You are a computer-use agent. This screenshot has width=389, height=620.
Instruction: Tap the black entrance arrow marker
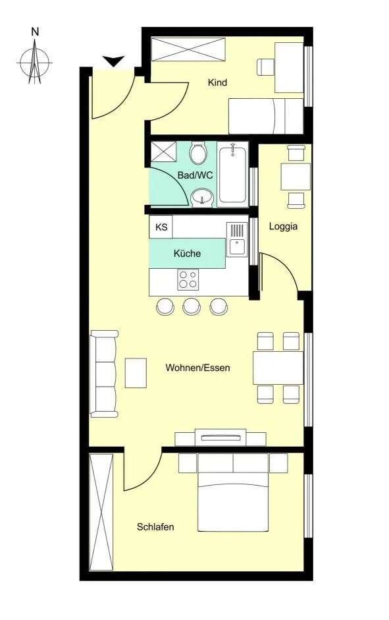pyautogui.click(x=113, y=61)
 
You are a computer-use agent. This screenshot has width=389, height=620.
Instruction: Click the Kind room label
pyautogui.click(x=217, y=82)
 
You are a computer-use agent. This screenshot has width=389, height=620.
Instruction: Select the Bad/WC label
pyautogui.click(x=195, y=175)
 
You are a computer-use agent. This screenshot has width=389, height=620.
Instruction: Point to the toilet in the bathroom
pyautogui.click(x=198, y=154)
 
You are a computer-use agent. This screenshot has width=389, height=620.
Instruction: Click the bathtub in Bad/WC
pyautogui.click(x=233, y=174)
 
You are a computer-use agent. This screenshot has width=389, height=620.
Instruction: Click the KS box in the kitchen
pyautogui.click(x=161, y=227)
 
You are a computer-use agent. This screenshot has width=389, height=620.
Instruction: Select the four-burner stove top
pyautogui.click(x=188, y=279)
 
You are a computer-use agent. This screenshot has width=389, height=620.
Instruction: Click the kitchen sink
pyautogui.click(x=237, y=240)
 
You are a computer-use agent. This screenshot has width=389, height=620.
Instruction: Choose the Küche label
pyautogui.click(x=187, y=254)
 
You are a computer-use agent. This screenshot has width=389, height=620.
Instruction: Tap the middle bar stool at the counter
pyautogui.click(x=192, y=306)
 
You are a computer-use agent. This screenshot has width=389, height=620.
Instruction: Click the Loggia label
pyautogui.click(x=283, y=227)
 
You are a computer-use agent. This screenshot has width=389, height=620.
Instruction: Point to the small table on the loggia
pyautogui.click(x=296, y=177)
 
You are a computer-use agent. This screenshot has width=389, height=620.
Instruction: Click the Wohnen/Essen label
pyautogui.click(x=197, y=368)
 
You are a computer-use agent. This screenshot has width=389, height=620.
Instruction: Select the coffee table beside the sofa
pyautogui.click(x=136, y=373)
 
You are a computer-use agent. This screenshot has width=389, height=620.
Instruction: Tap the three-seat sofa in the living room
pyautogui.click(x=104, y=374)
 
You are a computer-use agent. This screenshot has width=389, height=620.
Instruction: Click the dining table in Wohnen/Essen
pyautogui.click(x=278, y=368)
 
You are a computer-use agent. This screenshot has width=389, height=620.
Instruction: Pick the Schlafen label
pyautogui.click(x=155, y=527)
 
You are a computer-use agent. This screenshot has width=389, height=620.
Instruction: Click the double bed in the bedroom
pyautogui.click(x=233, y=493)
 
